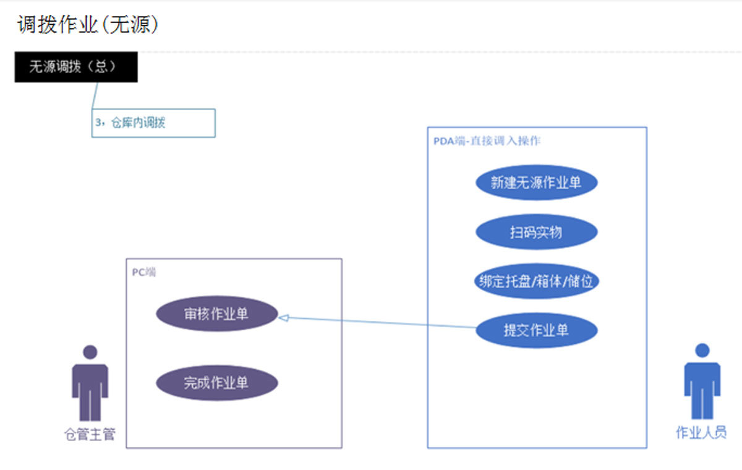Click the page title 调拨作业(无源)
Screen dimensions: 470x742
88,25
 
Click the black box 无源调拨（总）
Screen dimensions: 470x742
76,67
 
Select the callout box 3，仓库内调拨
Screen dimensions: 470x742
153,122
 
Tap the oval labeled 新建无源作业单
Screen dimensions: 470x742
536,182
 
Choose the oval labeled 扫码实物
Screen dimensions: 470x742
536,233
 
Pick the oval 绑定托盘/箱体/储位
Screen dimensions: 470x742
536,281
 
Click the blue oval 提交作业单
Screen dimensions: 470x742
536,330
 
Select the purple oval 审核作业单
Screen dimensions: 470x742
216,314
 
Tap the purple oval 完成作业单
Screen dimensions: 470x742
216,383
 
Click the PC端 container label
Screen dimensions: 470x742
143,272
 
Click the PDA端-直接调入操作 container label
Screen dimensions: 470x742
487,141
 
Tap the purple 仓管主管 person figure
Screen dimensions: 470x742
90,387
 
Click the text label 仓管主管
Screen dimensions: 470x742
90,435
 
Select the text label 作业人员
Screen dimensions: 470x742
701,433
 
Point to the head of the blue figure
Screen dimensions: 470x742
702,351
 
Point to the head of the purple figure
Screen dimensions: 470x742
90,352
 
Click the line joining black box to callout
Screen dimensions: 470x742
95,96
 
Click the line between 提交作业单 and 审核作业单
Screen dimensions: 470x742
377,322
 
